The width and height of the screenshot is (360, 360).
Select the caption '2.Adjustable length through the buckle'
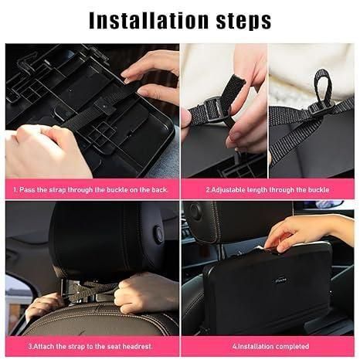(x=268, y=188)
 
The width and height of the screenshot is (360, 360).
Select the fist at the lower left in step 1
(x=42, y=151)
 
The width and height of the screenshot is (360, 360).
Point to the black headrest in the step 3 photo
(x=100, y=239)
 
